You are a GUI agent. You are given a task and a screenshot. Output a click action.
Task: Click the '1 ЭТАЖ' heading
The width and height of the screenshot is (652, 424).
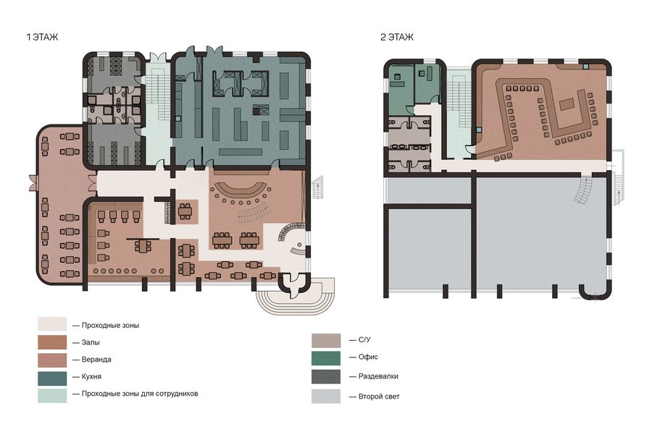tap(42, 38)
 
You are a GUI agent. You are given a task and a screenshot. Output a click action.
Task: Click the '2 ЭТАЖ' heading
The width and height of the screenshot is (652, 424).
tap(397, 38)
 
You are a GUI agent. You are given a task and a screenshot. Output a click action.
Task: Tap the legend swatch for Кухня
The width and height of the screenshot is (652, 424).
tap(52, 378)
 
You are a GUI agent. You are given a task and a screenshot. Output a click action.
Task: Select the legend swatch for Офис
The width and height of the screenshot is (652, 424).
tap(326, 358)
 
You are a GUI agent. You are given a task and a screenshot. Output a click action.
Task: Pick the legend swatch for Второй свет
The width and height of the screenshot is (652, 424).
tap(326, 397)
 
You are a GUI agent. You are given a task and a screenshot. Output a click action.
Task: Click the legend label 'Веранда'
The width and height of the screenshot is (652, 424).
tap(96, 360)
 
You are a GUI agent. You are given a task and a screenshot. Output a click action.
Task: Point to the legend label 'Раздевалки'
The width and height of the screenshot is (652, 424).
tap(378, 377)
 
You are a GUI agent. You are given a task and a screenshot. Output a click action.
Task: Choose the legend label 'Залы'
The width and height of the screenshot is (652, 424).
tap(91, 343)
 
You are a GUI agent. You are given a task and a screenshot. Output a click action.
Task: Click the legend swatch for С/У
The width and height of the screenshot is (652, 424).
tap(326, 341)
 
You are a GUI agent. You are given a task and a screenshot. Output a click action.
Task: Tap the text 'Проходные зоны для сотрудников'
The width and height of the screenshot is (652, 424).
tap(140, 394)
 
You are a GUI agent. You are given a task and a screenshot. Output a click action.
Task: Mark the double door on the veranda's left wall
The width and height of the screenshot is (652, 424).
tap(33, 183)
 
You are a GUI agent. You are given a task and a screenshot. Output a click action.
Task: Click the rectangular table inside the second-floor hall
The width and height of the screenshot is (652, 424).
tap(567, 103)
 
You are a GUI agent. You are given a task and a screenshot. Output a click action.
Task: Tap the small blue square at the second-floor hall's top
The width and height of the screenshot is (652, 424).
tap(586, 67)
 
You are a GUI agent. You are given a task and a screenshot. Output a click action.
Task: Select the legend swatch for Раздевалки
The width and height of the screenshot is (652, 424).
tap(326, 377)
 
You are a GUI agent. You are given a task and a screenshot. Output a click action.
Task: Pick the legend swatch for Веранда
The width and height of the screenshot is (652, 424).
tap(52, 360)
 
